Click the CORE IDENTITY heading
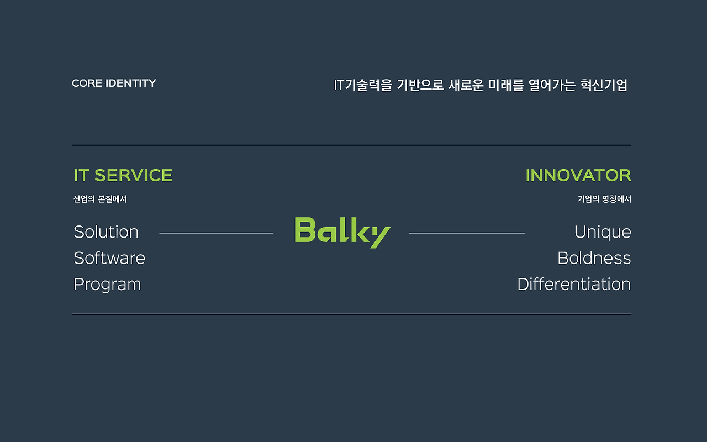(114, 83)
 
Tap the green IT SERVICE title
(123, 175)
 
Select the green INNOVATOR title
(578, 175)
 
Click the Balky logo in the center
(342, 233)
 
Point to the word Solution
(106, 231)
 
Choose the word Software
(109, 258)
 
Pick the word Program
(107, 285)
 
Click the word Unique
(603, 233)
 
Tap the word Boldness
(594, 258)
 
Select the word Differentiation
(574, 284)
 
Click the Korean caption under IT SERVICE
(100, 199)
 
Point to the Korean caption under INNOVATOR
(604, 199)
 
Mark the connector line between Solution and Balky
(217, 233)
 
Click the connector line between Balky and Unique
(467, 233)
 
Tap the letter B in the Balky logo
(305, 229)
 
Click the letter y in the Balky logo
(380, 237)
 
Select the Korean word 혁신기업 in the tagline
(604, 85)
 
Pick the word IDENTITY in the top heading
(131, 83)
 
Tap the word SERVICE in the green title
(133, 175)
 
